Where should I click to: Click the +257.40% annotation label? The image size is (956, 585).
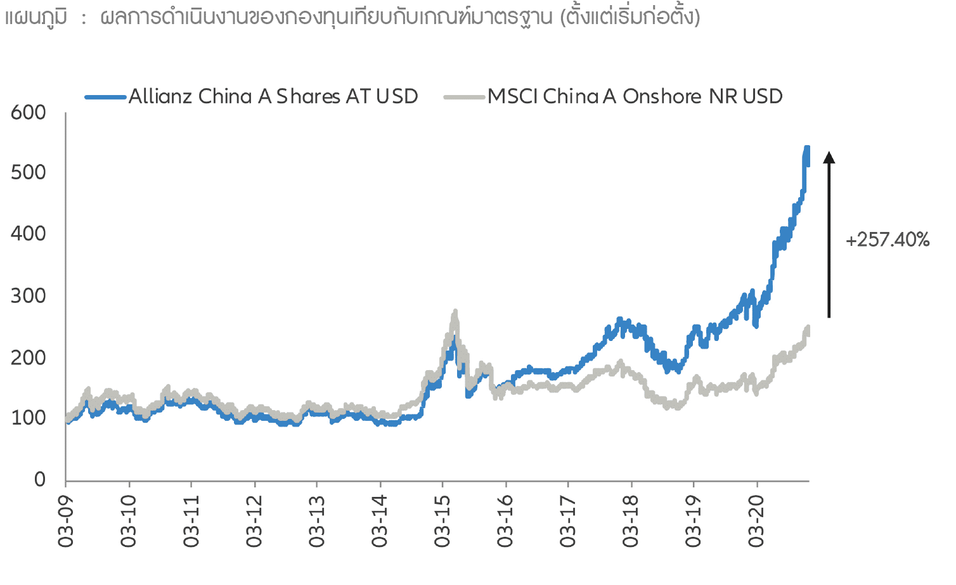click(887, 240)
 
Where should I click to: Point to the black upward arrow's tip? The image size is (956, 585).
click(829, 153)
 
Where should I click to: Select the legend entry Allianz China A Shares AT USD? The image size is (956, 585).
click(273, 96)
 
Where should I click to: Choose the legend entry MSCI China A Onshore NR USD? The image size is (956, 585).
click(635, 96)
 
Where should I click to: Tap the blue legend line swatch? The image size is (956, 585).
click(105, 97)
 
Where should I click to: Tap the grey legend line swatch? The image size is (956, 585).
click(465, 97)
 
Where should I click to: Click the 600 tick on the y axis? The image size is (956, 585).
click(29, 113)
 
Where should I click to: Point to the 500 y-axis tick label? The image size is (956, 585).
click(29, 172)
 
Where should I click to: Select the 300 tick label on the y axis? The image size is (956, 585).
click(29, 295)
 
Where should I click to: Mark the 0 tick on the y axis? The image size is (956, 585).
click(40, 479)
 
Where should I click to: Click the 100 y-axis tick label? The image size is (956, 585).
click(29, 418)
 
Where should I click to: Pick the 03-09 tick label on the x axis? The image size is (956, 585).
click(66, 521)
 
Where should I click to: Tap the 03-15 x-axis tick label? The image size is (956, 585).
click(442, 521)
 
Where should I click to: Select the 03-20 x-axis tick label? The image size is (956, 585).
click(756, 521)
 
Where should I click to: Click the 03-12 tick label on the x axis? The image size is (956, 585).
click(254, 521)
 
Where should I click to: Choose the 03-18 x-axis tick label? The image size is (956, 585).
click(630, 521)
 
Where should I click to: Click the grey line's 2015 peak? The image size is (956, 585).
click(455, 312)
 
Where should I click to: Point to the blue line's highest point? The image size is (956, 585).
click(807, 148)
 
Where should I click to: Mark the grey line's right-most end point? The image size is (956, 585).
click(808, 328)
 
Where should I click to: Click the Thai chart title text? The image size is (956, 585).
click(352, 18)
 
